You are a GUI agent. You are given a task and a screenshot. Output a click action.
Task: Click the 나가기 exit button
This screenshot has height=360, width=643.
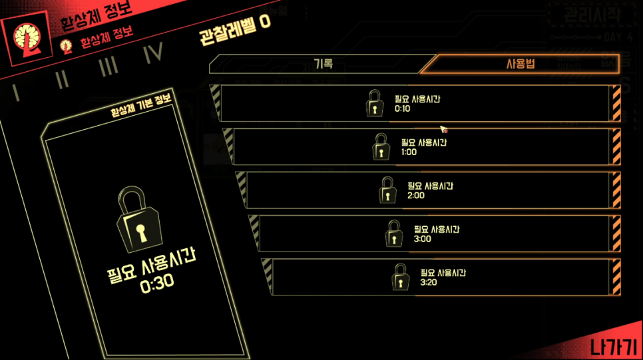(x=612, y=347)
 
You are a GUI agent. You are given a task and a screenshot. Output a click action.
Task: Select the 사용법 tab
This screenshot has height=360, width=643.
(x=521, y=65)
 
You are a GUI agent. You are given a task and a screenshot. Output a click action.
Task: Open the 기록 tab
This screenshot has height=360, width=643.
(x=323, y=64)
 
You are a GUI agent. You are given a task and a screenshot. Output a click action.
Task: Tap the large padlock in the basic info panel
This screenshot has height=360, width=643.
(x=140, y=220)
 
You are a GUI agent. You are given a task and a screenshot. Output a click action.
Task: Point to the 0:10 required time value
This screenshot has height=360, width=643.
(x=403, y=108)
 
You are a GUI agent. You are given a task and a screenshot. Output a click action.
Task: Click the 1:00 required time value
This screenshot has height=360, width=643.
(x=409, y=152)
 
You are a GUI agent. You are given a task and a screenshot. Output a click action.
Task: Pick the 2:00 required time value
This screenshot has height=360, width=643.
(x=415, y=196)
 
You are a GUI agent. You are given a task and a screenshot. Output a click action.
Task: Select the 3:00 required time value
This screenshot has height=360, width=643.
(x=422, y=239)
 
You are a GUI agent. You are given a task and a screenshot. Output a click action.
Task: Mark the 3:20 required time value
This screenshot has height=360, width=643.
(x=429, y=282)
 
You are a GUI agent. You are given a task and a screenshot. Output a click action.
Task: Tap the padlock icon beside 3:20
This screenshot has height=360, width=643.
(x=400, y=277)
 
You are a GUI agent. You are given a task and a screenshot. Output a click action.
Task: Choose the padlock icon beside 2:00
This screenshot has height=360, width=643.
(x=387, y=190)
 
